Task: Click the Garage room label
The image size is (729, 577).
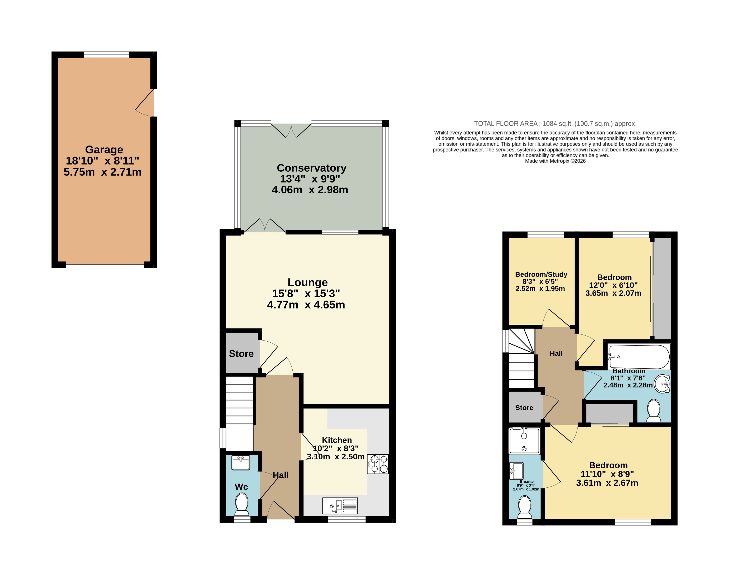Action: (104, 149)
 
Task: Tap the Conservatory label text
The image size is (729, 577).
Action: (311, 168)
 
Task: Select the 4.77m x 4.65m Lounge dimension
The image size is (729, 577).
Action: (306, 305)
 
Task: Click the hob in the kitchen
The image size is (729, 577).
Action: (378, 464)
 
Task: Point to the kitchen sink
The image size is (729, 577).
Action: (340, 506)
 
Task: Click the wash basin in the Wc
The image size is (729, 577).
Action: (241, 463)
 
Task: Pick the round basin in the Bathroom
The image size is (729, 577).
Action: (662, 384)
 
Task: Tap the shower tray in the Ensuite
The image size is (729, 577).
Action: (524, 441)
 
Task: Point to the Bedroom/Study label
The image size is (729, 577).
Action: (541, 274)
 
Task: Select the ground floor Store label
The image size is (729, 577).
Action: (241, 354)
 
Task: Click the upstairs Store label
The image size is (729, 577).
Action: (524, 408)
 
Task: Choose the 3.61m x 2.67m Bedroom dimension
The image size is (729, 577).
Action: (607, 483)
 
